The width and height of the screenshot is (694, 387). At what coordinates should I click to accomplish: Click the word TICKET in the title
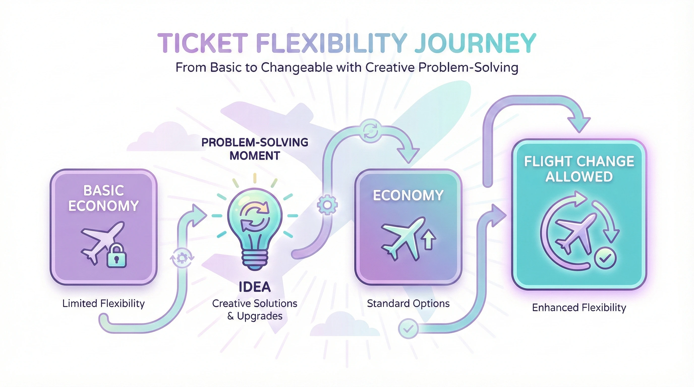(202, 43)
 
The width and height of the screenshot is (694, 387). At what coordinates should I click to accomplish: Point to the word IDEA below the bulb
(255, 287)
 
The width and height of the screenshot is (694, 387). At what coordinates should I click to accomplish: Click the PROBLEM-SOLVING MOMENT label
(255, 149)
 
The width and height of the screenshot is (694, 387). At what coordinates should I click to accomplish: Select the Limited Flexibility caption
(103, 304)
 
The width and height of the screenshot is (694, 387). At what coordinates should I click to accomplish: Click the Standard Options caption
(408, 304)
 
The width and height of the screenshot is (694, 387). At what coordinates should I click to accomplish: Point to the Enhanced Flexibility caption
(579, 308)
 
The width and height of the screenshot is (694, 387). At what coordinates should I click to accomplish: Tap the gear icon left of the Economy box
(327, 205)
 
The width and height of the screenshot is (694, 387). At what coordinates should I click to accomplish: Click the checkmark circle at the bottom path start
(409, 328)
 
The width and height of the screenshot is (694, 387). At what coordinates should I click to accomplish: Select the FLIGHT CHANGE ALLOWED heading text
(579, 169)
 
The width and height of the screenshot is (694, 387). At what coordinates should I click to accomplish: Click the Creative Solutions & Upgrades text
(255, 309)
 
